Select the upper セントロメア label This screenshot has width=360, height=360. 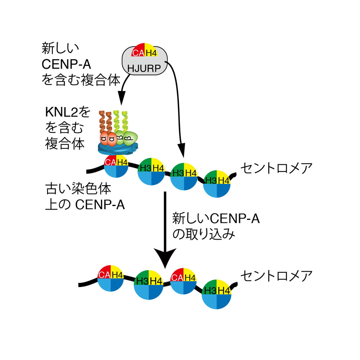(276, 168)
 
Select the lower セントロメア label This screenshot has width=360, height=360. (276, 276)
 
